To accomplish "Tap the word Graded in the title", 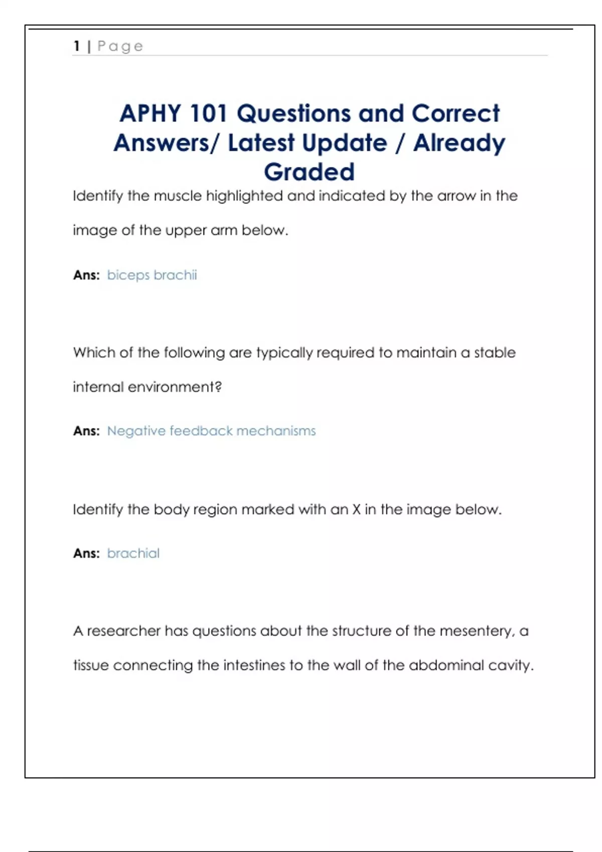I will pos(309,172).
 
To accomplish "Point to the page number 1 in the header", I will pos(77,46).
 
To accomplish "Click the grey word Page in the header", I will pos(120,46).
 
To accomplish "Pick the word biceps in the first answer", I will pos(128,275).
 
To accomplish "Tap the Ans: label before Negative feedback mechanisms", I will pos(86,431).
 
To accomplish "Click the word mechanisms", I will pos(276,431).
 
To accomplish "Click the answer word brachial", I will pos(133,553).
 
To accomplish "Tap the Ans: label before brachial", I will pos(86,553).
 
